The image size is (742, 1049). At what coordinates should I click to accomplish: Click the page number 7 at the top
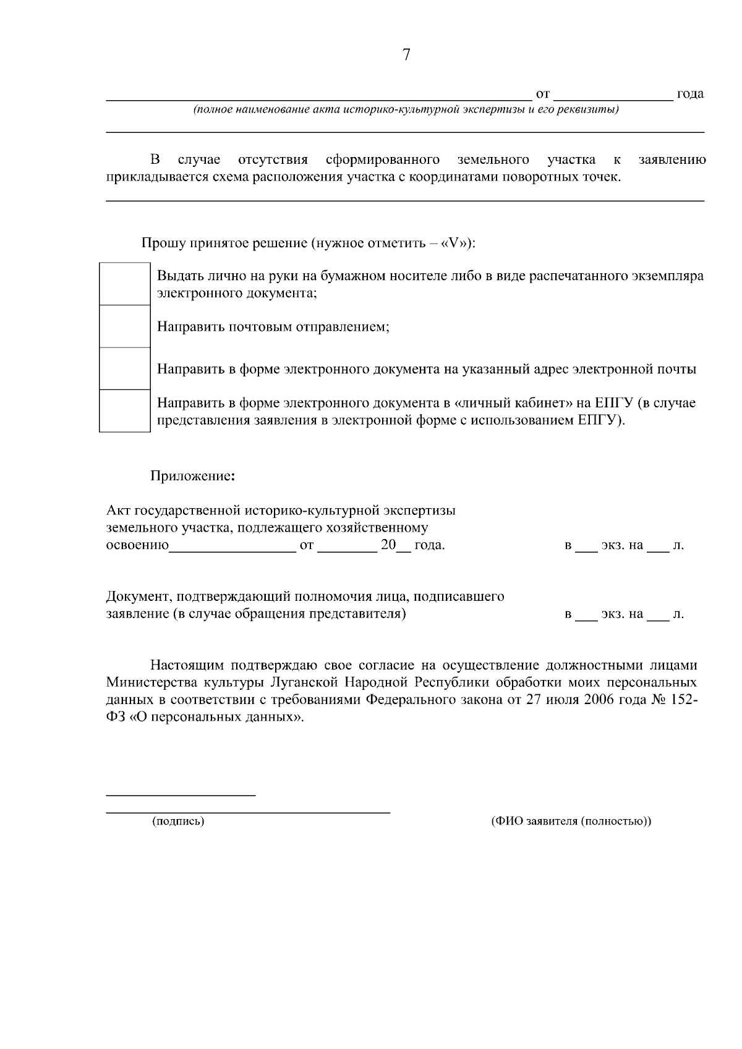[x=406, y=55]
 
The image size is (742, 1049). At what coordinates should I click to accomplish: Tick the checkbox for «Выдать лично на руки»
[x=125, y=284]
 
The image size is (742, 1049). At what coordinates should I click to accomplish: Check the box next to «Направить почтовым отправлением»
[x=125, y=326]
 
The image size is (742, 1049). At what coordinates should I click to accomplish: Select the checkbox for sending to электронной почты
[x=125, y=368]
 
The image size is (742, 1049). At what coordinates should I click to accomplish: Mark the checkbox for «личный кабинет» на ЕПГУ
[x=125, y=410]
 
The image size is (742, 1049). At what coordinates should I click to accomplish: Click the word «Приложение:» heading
[x=193, y=477]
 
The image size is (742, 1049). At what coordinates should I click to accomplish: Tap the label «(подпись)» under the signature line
[x=178, y=822]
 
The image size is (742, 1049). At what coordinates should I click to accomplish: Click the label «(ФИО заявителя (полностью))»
[x=571, y=822]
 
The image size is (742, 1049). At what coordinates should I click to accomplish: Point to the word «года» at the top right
[x=690, y=95]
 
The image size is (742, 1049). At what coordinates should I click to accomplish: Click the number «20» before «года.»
[x=388, y=546]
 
